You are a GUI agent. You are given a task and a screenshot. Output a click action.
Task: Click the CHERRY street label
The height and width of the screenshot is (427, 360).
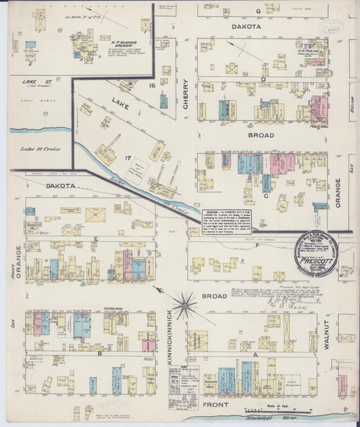[x=186, y=95]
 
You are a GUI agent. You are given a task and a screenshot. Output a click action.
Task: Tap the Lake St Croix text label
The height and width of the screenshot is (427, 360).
[x=41, y=149]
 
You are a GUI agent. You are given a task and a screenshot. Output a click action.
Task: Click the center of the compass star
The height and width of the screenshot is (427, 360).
[x=184, y=305]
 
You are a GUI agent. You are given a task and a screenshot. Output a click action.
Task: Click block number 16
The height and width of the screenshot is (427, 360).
[x=153, y=86]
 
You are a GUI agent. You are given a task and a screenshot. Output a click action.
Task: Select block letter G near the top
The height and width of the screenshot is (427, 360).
[x=258, y=12]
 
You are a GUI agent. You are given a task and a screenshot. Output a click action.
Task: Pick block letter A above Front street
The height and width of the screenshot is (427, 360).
[x=255, y=353]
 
